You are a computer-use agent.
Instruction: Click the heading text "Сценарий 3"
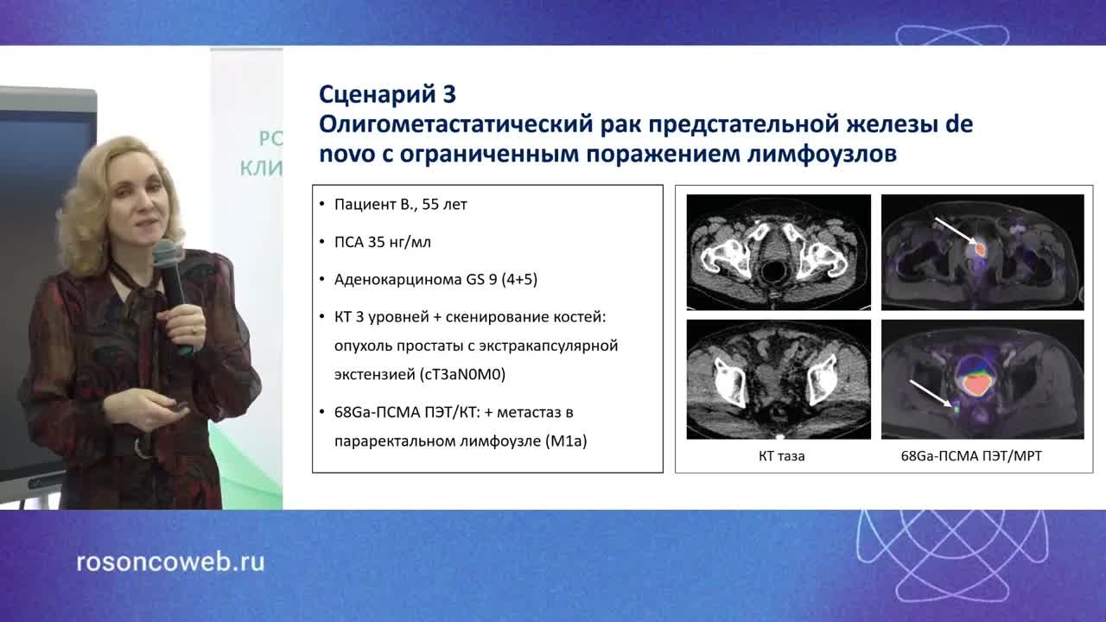(x=387, y=93)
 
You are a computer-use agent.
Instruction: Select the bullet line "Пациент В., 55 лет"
(x=401, y=206)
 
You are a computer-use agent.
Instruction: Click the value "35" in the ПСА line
(x=376, y=243)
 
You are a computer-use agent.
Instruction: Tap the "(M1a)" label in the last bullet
(x=566, y=441)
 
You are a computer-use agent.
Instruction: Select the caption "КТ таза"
(x=776, y=456)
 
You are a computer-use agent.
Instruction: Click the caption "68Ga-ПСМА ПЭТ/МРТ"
(x=971, y=456)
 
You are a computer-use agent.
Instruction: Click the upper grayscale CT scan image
(x=778, y=251)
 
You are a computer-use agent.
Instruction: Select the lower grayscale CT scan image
(x=778, y=379)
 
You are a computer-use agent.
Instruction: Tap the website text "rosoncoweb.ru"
(x=170, y=562)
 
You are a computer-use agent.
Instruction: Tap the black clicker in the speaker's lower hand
(x=181, y=406)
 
